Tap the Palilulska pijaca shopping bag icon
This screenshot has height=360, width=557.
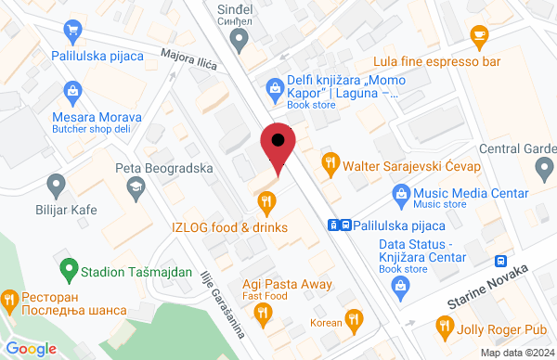(71, 33)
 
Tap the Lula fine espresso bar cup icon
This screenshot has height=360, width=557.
(479, 37)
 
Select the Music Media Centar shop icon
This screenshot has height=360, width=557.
(401, 194)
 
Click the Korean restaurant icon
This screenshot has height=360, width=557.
(353, 321)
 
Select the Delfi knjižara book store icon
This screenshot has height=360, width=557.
(274, 87)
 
